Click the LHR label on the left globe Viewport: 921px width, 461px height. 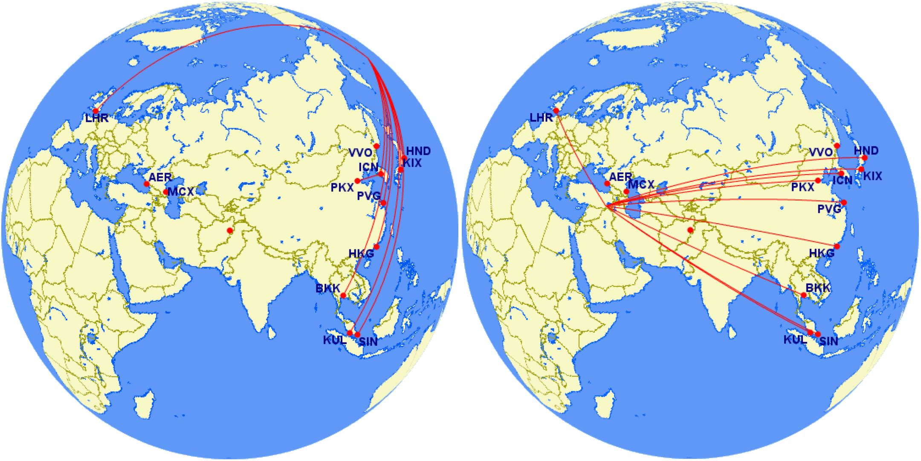pos(97,118)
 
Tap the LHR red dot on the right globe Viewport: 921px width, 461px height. pos(556,111)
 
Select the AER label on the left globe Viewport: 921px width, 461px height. pos(160,177)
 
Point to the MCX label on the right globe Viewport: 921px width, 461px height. pos(641,184)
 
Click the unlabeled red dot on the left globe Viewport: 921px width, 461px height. pos(230,230)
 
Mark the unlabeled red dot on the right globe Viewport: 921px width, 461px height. pos(690,230)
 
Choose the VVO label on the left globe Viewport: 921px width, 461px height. pos(360,153)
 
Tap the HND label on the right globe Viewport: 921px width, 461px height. pos(866,151)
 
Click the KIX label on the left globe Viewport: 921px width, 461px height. pos(412,163)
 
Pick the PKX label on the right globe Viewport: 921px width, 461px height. pos(802,187)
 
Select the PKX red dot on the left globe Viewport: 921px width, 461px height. pos(357,181)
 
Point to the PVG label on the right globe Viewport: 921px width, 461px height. pos(829,209)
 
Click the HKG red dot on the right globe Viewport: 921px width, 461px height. pos(837,246)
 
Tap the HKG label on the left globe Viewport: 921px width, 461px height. pos(361,254)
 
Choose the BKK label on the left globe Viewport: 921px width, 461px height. pos(327,289)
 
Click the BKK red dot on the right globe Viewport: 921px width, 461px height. pos(803,295)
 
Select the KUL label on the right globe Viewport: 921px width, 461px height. pos(795,340)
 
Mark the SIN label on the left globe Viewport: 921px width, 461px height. pos(368,341)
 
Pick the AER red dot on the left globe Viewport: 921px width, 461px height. pos(147,184)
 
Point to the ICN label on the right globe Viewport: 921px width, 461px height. pos(842,180)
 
